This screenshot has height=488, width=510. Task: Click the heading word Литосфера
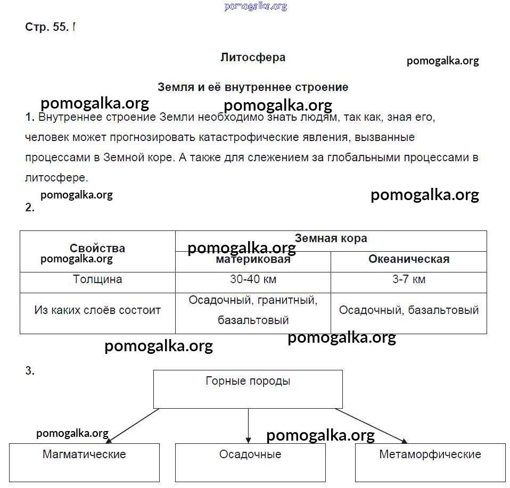[x=253, y=57]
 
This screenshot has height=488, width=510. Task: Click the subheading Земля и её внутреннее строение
[x=253, y=87]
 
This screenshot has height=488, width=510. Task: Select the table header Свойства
[x=97, y=248]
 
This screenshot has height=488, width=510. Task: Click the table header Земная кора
[x=331, y=238]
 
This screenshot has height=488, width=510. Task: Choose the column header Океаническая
[x=408, y=259]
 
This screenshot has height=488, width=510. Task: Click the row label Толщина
[x=97, y=279]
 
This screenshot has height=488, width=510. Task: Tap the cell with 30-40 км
[x=253, y=279]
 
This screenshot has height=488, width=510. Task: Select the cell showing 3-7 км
[x=408, y=279]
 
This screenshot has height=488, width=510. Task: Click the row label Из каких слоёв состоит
[x=97, y=310]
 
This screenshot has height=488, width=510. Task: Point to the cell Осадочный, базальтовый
[x=408, y=310]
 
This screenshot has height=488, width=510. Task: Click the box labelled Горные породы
[x=248, y=389]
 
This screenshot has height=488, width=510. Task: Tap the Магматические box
[x=84, y=461]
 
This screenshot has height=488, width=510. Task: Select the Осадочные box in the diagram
[x=250, y=461]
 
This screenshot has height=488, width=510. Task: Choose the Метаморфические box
[x=430, y=461]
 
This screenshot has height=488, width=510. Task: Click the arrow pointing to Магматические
[x=133, y=425]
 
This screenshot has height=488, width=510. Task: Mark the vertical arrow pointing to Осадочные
[x=248, y=425]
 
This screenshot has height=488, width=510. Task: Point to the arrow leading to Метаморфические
[x=371, y=425]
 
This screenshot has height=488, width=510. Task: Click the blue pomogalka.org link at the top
[x=256, y=6]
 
